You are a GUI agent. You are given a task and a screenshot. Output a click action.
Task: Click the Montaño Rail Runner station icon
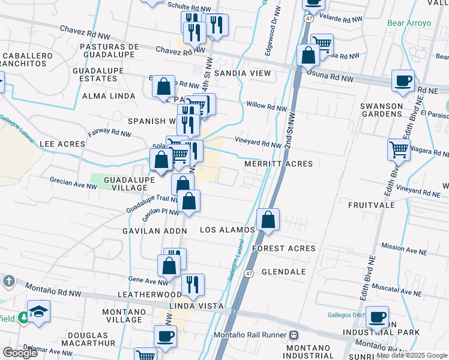pyautogui.click(x=294, y=335)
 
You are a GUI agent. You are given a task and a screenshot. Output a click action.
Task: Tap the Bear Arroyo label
pyautogui.click(x=409, y=23)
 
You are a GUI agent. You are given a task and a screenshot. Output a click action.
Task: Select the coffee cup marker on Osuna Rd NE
pyautogui.click(x=403, y=80)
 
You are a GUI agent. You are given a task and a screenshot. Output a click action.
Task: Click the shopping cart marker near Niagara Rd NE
pyautogui.click(x=399, y=149)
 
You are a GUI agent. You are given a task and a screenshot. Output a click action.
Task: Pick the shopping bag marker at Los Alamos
pyautogui.click(x=268, y=220)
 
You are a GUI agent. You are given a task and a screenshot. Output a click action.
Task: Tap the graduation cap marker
pyautogui.click(x=38, y=311)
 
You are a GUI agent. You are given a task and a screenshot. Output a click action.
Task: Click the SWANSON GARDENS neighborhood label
pyautogui.click(x=381, y=111)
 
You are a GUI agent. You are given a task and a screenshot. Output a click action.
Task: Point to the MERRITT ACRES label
pyautogui.click(x=279, y=164)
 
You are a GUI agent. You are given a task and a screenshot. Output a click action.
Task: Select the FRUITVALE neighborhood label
pyautogui.click(x=371, y=205)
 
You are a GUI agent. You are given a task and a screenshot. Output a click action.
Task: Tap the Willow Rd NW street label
pyautogui.click(x=266, y=108)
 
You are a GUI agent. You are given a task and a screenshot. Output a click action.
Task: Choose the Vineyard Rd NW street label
pyautogui.click(x=258, y=144)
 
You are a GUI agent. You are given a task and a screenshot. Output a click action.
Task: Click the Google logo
pyautogui.click(x=20, y=353)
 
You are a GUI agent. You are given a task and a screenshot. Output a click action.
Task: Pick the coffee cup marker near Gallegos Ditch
pyautogui.click(x=377, y=317)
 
